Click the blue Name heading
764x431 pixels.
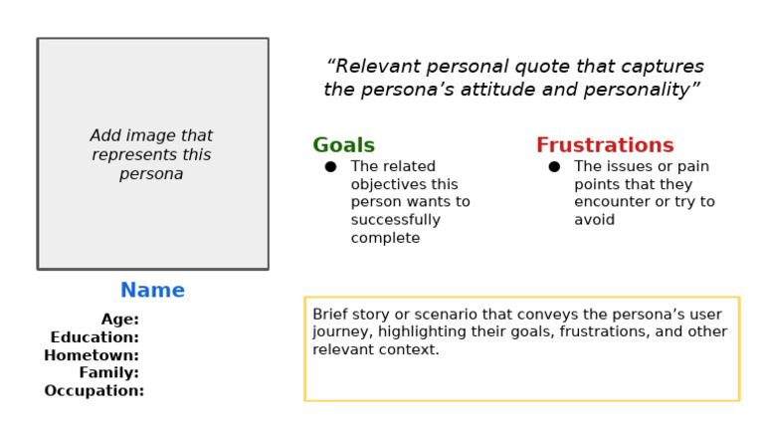(152, 290)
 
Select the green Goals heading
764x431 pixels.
(343, 145)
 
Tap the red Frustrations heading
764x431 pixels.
(605, 145)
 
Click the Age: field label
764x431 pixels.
(119, 320)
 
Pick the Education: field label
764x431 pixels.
(95, 336)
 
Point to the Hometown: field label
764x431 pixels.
(92, 355)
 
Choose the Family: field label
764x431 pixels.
(109, 373)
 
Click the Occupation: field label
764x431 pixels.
(95, 390)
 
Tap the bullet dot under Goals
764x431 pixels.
(331, 167)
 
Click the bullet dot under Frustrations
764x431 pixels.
(554, 167)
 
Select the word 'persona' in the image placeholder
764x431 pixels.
(151, 174)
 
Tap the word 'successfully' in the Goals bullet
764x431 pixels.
(396, 220)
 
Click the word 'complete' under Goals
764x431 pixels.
(385, 238)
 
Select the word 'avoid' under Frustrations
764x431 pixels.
(595, 220)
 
